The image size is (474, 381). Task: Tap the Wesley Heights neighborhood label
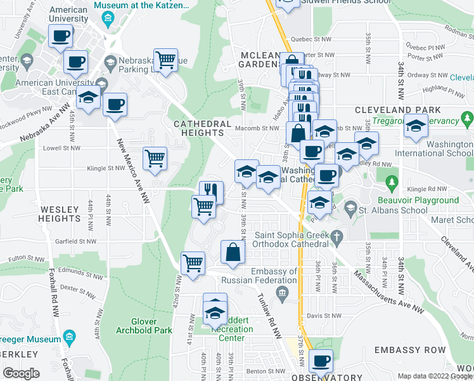click(x=60, y=214)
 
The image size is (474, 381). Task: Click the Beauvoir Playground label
click(x=424, y=200)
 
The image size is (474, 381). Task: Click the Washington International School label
click(x=433, y=149)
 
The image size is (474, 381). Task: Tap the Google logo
click(x=22, y=373)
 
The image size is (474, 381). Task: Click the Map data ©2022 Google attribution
click(x=435, y=375)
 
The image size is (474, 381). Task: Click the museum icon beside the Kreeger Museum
click(x=70, y=336)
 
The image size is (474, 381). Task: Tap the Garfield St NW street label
click(x=76, y=241)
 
